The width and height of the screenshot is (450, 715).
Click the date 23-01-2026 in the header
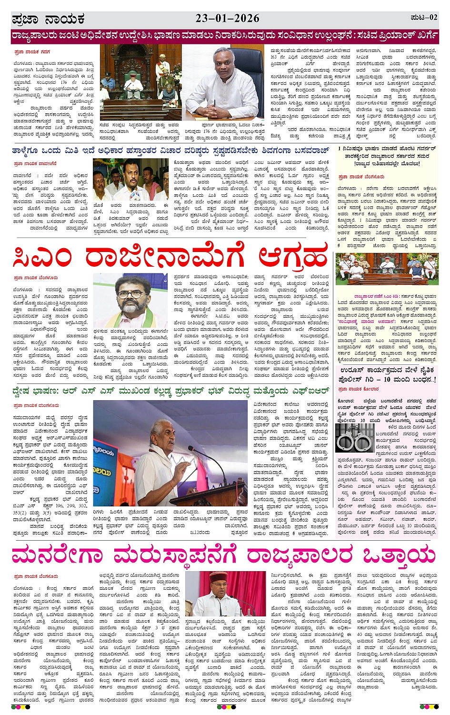(x=227, y=18)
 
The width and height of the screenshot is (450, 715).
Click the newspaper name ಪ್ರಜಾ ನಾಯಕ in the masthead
(x=48, y=20)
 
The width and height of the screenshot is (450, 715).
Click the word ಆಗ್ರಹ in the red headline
(x=293, y=257)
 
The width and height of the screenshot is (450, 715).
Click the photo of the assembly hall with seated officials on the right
(x=386, y=270)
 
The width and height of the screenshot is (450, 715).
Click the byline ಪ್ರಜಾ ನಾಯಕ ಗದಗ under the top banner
(x=31, y=52)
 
